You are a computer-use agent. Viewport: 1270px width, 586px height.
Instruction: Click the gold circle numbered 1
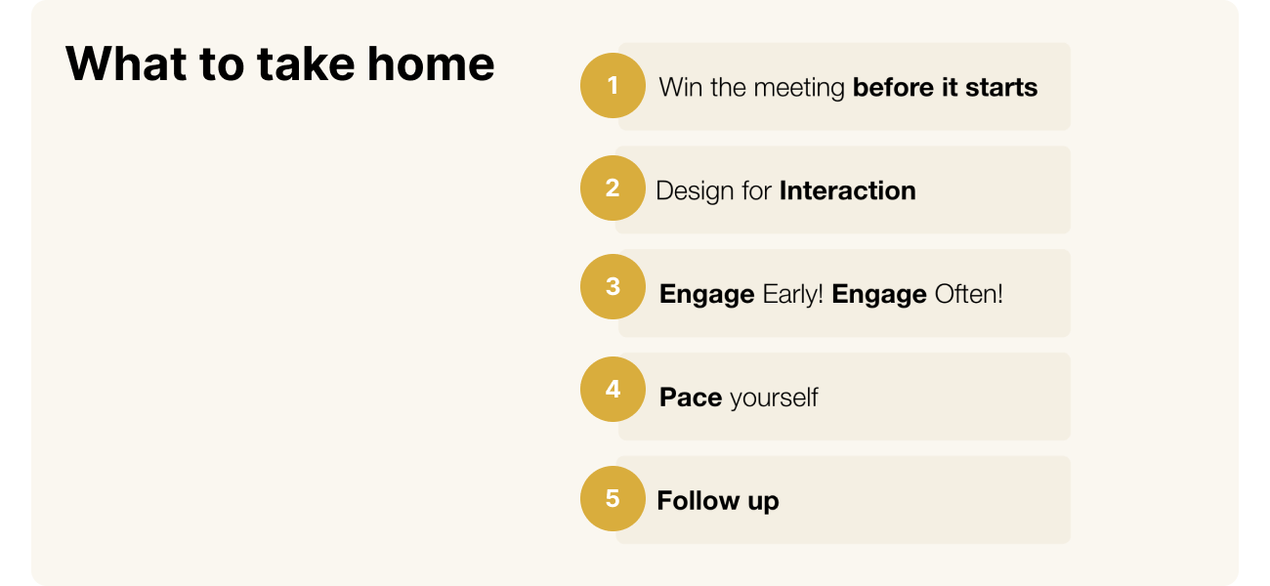(x=613, y=86)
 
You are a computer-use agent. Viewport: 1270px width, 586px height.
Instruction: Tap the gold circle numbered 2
(x=613, y=188)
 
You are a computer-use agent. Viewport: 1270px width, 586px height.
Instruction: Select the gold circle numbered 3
(x=613, y=287)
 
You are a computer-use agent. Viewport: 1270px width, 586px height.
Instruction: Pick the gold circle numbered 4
(x=613, y=390)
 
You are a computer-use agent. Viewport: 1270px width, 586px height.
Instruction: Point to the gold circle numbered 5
(x=613, y=499)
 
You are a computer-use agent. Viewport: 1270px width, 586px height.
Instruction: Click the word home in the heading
(x=431, y=63)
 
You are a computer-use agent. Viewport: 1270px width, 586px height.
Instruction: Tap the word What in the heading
(x=126, y=63)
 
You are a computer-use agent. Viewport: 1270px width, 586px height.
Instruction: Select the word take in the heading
(x=306, y=63)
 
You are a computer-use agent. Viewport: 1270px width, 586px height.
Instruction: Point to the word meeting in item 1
(x=799, y=89)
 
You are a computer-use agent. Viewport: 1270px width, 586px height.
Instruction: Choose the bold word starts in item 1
(x=1001, y=88)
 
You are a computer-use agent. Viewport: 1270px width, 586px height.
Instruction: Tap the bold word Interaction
(x=848, y=190)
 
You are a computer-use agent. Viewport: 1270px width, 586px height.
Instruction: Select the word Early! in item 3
(x=792, y=294)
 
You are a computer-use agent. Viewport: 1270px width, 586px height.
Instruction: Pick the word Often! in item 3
(x=968, y=294)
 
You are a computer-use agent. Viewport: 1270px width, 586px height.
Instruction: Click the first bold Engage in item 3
(x=707, y=295)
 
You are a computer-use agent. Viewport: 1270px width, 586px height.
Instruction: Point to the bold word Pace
(x=691, y=398)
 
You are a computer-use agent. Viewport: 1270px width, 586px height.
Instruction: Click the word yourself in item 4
(x=774, y=398)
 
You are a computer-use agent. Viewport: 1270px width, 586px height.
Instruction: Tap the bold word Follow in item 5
(x=698, y=500)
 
